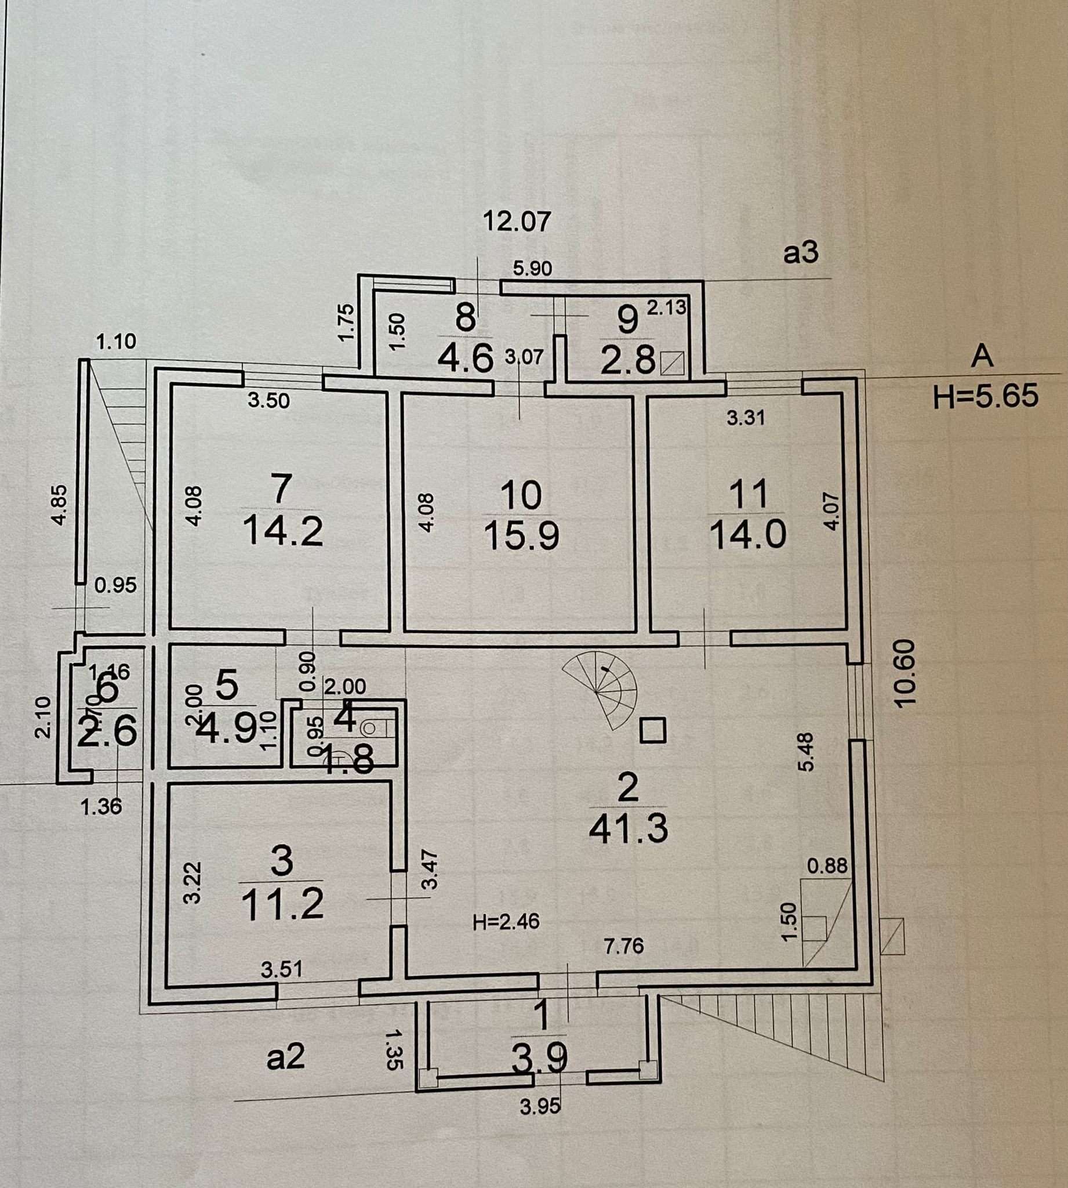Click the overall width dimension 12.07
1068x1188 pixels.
coord(517,222)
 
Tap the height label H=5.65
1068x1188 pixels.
coord(985,396)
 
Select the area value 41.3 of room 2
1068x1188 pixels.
coord(628,830)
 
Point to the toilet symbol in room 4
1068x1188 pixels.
coord(370,729)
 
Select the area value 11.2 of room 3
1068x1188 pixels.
coord(282,904)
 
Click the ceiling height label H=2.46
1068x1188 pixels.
coord(506,922)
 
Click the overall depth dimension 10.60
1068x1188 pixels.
coord(906,673)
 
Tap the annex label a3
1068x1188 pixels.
coord(800,253)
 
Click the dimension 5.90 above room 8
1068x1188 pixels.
coord(532,268)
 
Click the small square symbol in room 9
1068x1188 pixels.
coord(672,363)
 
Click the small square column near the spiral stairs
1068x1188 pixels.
coord(652,731)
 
